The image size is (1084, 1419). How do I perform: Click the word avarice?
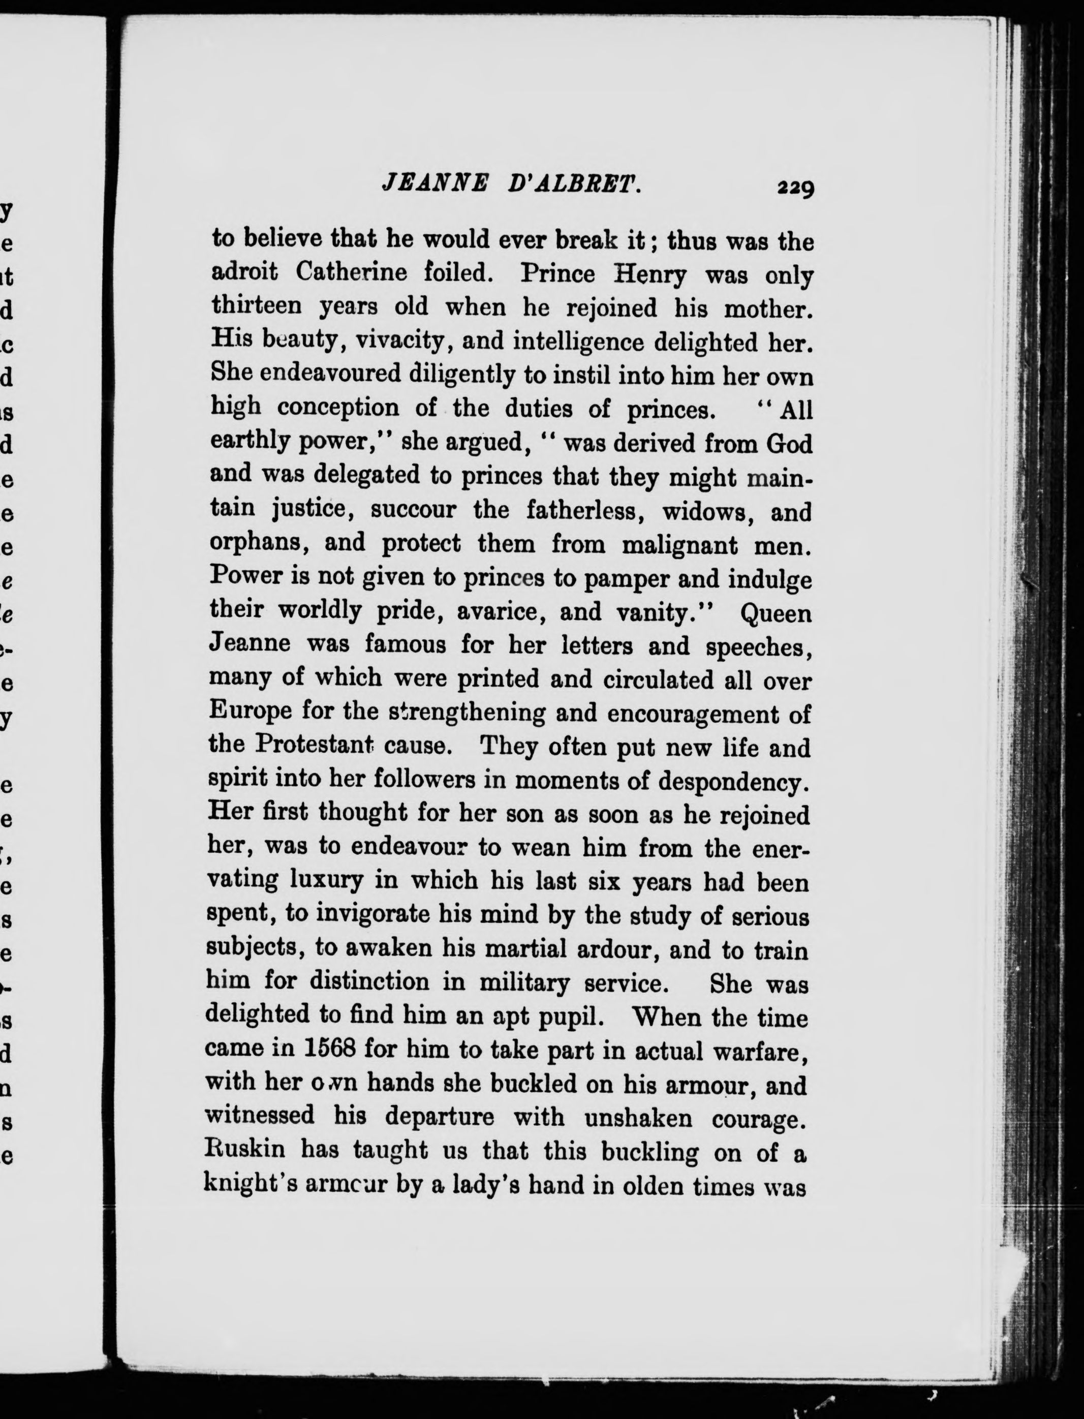(x=501, y=612)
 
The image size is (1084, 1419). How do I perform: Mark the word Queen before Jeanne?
(x=776, y=613)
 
